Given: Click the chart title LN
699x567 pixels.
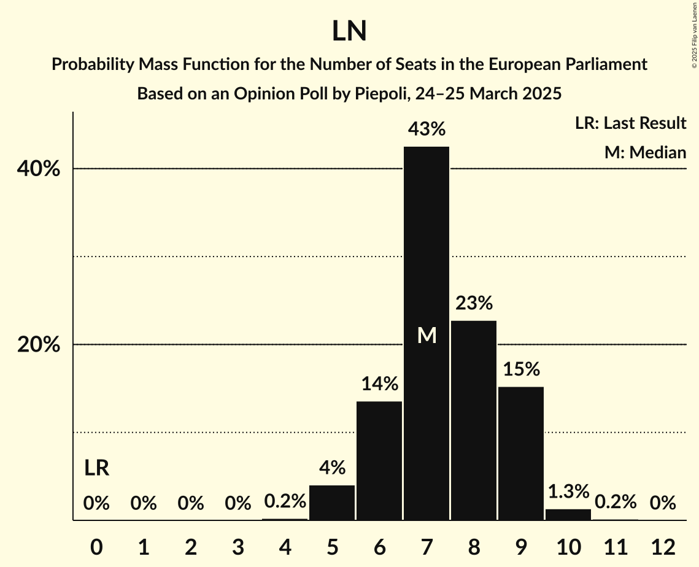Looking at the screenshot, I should [x=349, y=31].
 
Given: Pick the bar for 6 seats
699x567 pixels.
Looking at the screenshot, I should [x=379, y=460].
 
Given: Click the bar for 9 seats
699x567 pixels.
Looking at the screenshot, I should [x=521, y=453].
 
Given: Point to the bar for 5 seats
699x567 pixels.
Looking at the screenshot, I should [x=332, y=503].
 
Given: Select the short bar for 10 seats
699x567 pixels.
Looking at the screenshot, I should [x=568, y=515].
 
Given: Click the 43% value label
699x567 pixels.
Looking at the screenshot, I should [x=427, y=129].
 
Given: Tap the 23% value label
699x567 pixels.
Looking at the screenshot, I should [x=474, y=303].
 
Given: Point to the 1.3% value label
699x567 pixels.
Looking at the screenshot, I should [x=568, y=492].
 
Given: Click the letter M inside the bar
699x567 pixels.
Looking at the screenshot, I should [x=427, y=335].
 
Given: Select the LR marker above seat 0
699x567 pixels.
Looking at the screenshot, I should [x=96, y=468].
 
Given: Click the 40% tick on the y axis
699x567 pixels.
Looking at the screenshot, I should [x=39, y=169].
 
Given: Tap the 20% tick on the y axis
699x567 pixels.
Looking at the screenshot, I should [x=39, y=345].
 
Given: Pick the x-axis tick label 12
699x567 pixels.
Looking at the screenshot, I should [x=663, y=546].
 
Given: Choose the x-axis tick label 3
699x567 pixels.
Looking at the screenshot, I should [x=238, y=546].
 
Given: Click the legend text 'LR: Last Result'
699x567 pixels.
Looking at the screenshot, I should [x=630, y=123].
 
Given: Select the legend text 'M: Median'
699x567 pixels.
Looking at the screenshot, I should [x=645, y=152].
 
